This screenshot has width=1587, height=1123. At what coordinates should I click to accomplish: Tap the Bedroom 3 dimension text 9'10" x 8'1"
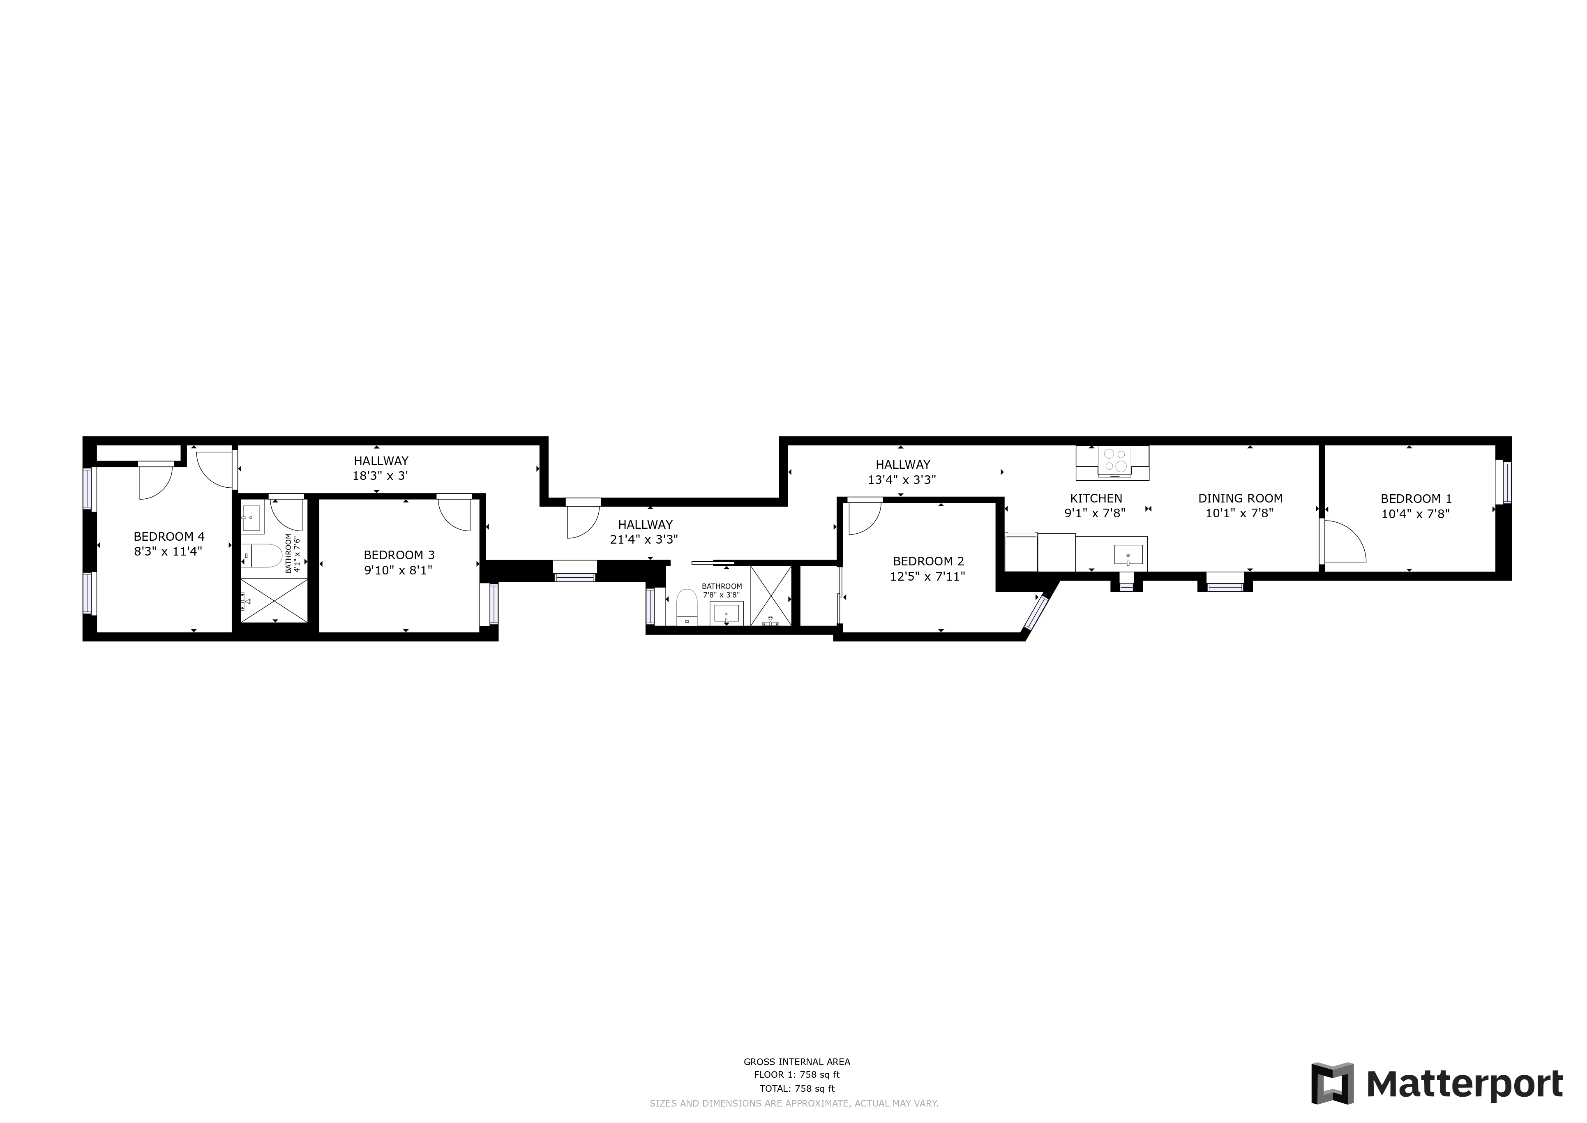point(399,570)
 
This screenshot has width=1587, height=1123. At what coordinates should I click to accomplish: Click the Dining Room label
point(1240,498)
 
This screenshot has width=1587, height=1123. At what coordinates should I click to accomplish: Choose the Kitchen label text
point(1096,498)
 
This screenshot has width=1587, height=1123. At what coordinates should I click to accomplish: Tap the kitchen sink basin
point(1128,554)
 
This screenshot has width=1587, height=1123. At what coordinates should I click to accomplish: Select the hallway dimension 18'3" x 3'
point(381,476)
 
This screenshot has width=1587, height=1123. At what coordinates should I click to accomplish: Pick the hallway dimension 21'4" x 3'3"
point(644,540)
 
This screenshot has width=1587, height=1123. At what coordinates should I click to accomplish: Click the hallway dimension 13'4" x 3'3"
point(902,479)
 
